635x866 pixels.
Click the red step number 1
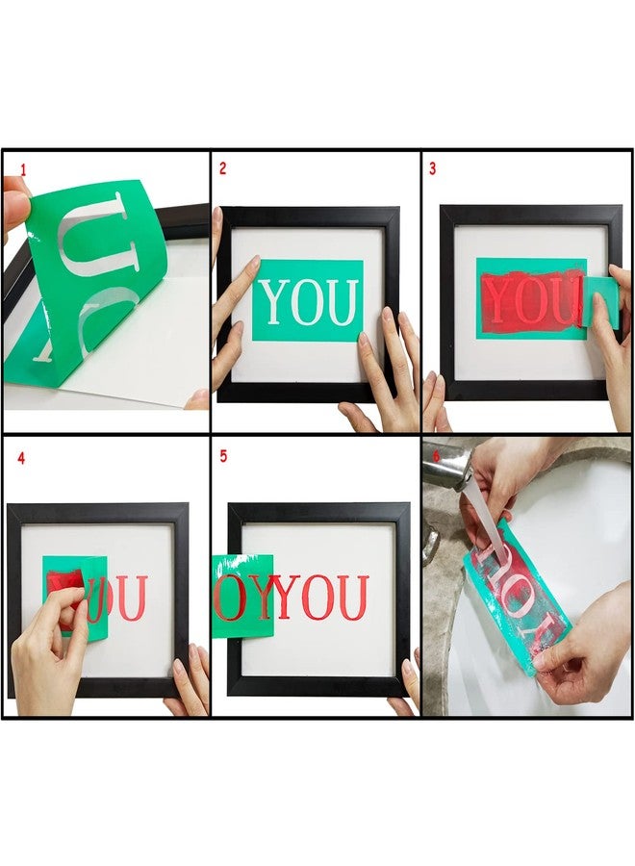coord(23,169)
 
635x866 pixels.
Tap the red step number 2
coord(222,168)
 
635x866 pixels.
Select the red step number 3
coord(432,169)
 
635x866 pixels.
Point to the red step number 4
coord(21,458)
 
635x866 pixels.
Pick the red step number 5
coord(223,457)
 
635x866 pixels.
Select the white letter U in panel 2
coord(342,302)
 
